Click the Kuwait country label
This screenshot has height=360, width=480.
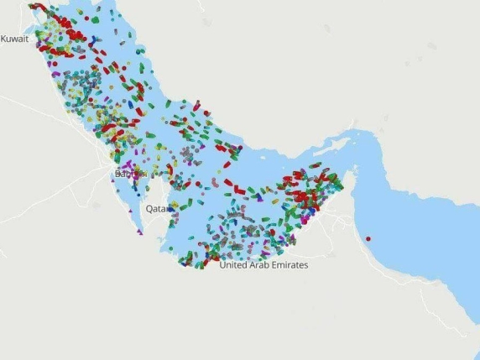14,39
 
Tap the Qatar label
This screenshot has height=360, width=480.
155,207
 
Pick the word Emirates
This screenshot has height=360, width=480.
290,264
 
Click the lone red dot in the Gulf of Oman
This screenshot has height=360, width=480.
368,239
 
